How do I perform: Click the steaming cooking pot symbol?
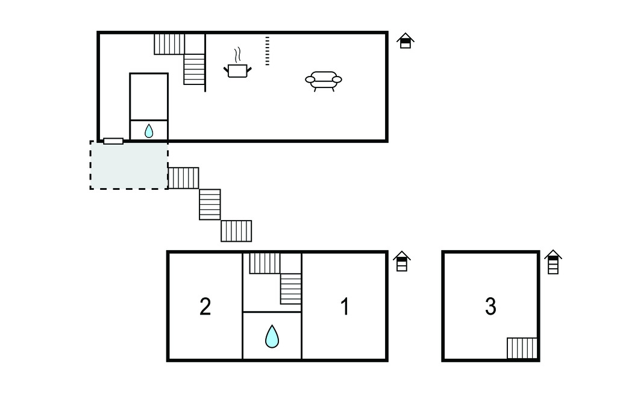[237, 64]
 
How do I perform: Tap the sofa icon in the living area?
[324, 81]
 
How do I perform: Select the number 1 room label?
[345, 307]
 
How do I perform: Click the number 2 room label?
[205, 307]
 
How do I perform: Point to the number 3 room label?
[490, 306]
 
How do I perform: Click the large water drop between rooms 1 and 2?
[272, 336]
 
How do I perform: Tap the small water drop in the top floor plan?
[149, 131]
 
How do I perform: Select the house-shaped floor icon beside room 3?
[553, 262]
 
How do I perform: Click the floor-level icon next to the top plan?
[406, 41]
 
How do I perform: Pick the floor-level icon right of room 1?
[402, 262]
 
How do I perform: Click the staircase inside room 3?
[522, 348]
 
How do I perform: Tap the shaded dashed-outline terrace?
[129, 165]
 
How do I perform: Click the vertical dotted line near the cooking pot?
[267, 51]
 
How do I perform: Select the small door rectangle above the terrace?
[113, 141]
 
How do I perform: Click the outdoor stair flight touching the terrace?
[183, 178]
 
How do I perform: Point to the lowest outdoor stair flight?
[236, 231]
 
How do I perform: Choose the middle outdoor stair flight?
[210, 204]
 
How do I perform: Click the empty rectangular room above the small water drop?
[149, 96]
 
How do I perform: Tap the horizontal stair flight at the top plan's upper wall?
[169, 44]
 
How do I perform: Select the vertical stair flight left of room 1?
[291, 289]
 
